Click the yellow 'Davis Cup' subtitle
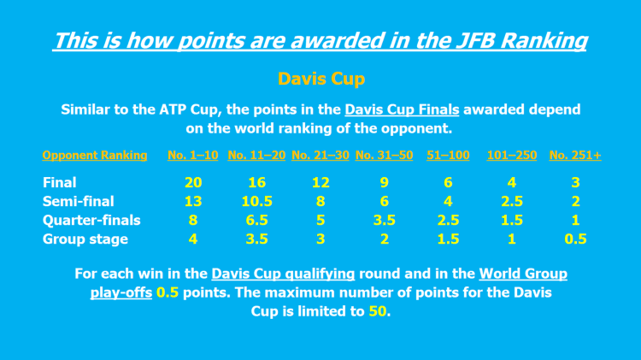tap(320, 79)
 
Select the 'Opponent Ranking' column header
tap(95, 156)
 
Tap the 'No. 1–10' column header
tap(193, 156)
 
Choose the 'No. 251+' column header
tap(575, 156)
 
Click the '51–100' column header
tap(449, 156)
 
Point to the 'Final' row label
tap(60, 182)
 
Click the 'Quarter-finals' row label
tap(91, 220)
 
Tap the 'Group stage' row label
tap(85, 239)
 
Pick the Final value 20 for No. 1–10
tap(193, 182)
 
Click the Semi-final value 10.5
tap(256, 201)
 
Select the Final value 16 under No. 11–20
tap(256, 182)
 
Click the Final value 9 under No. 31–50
tap(384, 182)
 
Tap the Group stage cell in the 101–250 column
tap(511, 239)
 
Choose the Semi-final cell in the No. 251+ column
tap(575, 201)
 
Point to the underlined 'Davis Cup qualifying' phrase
tap(283, 274)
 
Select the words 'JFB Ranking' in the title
tap(519, 40)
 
